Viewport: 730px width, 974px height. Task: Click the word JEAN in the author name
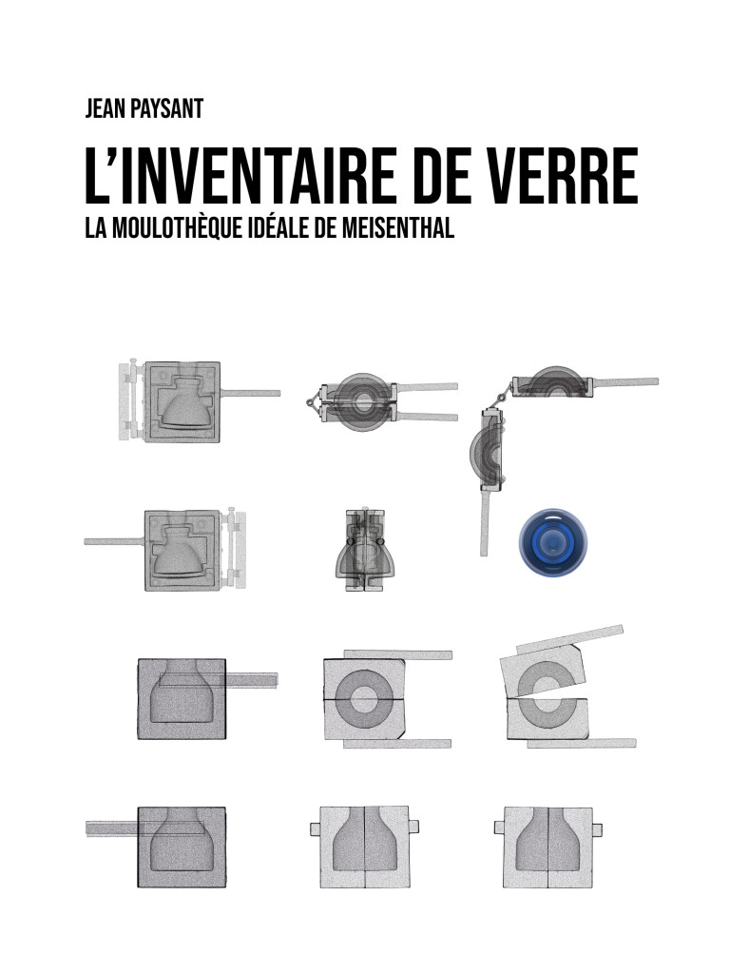click(105, 108)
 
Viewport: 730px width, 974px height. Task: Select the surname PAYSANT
click(166, 108)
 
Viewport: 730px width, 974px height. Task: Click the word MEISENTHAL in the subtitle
click(398, 228)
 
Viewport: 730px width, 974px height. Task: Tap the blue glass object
click(552, 541)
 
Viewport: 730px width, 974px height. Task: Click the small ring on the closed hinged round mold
click(311, 402)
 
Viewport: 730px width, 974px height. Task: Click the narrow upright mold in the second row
click(364, 551)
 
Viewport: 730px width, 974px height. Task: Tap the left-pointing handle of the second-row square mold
click(114, 541)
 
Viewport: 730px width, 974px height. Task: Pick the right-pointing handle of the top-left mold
click(251, 393)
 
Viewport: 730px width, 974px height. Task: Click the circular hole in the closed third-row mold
click(364, 700)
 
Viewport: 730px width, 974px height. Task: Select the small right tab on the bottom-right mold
click(597, 829)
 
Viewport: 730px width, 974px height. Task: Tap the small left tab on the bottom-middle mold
click(315, 828)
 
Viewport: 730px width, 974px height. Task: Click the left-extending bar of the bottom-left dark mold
click(112, 828)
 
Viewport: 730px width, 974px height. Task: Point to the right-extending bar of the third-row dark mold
click(251, 679)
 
